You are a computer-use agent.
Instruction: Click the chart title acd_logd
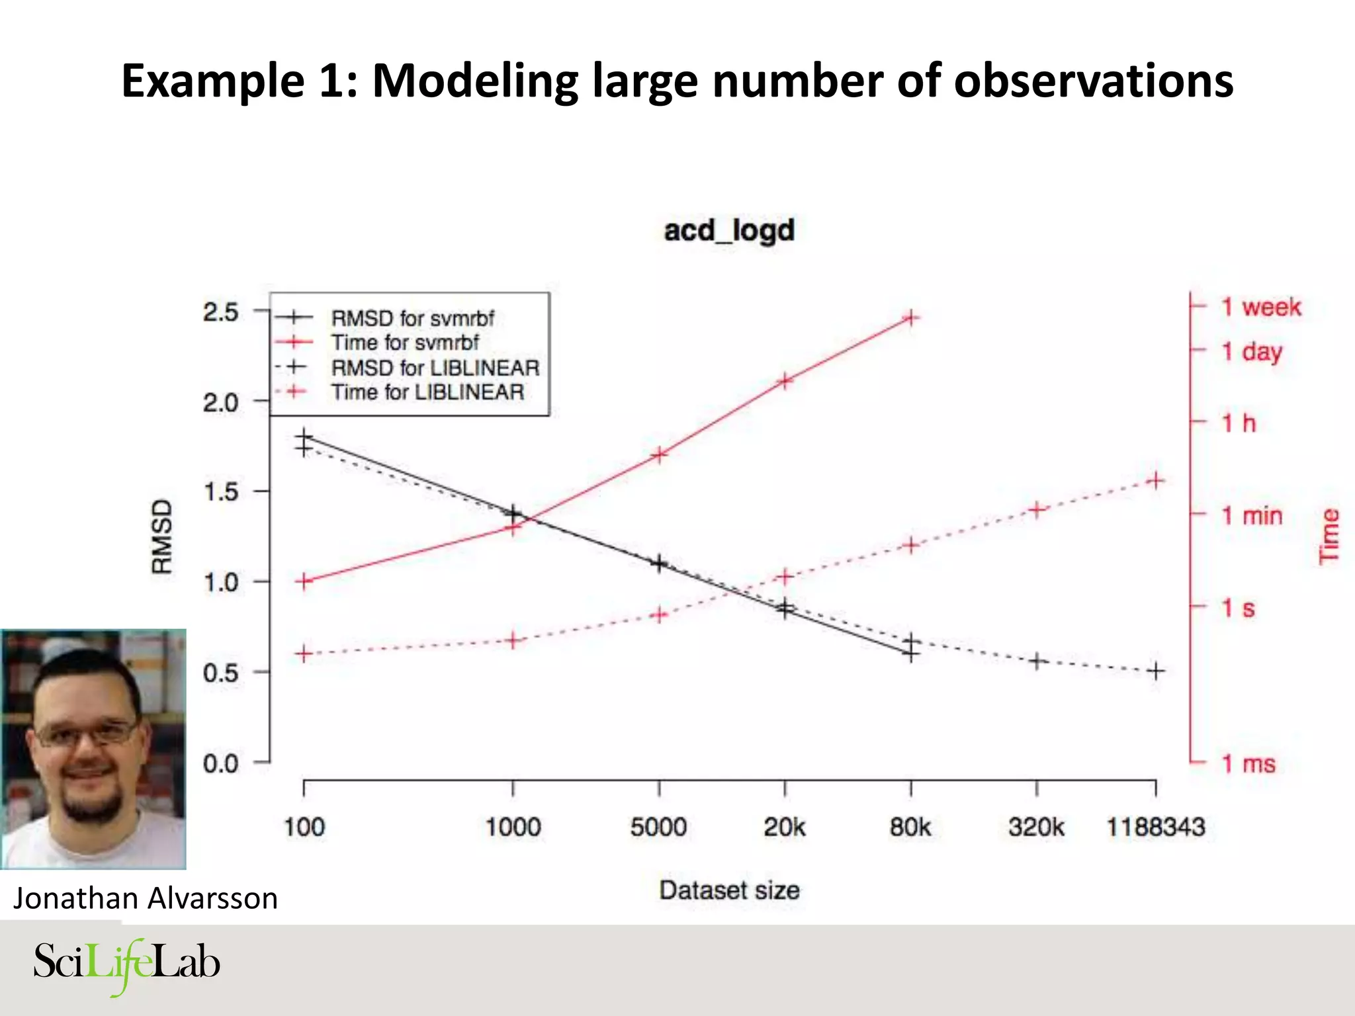728,231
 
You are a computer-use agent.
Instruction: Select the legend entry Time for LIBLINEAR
427,392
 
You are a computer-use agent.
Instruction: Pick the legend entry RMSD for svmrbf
412,318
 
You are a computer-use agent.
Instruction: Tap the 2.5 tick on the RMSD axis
221,312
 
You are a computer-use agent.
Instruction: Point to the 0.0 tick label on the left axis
221,764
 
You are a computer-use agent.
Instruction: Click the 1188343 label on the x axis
1155,827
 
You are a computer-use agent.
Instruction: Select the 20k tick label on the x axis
784,827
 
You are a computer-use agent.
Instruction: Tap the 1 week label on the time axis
1261,307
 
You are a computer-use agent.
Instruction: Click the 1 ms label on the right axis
1248,764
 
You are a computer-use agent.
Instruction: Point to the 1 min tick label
1251,515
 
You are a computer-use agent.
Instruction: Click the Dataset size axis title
728,890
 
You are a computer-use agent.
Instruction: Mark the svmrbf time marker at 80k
911,318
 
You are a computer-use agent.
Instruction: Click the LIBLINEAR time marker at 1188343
1155,481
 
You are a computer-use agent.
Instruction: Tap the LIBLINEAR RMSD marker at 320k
1037,661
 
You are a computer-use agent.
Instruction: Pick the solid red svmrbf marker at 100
304,581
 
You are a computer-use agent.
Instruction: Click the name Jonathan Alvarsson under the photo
146,898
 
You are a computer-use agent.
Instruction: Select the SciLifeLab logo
126,964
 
